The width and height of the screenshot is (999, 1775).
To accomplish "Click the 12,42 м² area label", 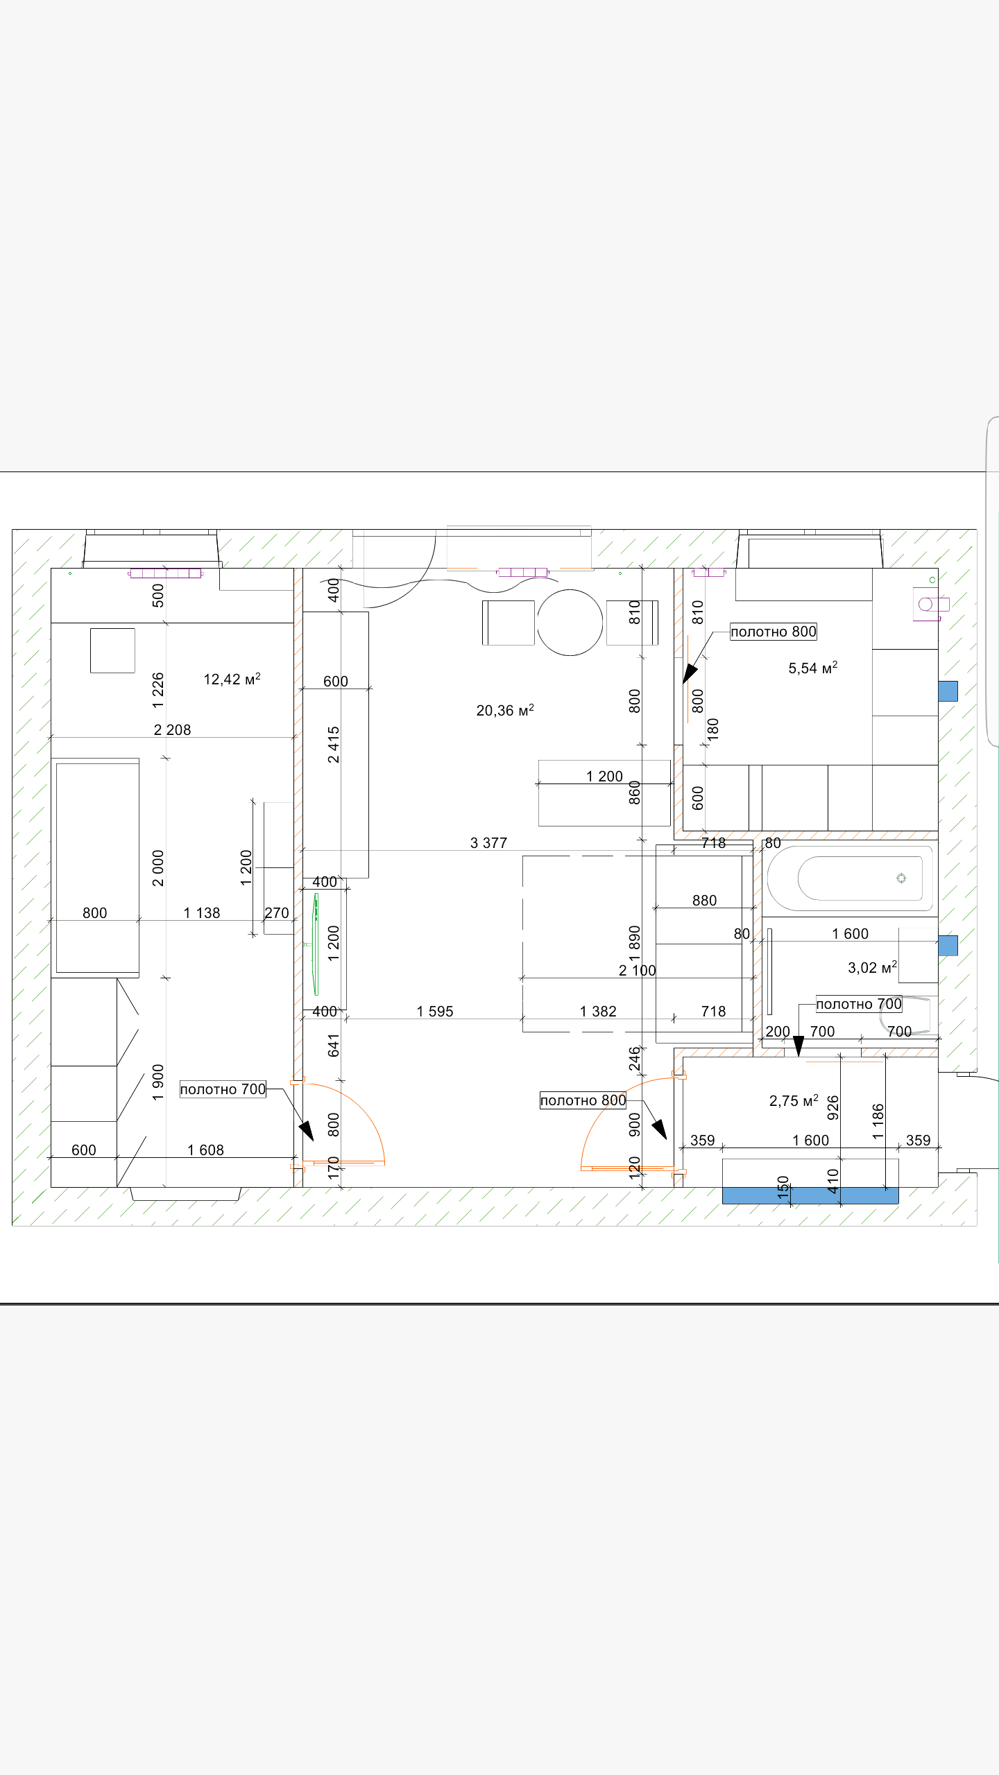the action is [x=232, y=679].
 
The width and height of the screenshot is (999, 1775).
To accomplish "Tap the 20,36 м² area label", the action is [x=505, y=710].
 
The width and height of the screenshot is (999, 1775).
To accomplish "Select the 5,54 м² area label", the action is [x=813, y=668].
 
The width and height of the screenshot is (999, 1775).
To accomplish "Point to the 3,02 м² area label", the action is [x=872, y=967].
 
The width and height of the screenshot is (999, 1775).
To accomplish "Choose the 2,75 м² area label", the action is [x=794, y=1100].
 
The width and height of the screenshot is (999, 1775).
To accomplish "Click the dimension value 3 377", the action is [x=488, y=842].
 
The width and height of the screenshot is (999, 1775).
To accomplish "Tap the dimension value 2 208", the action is [x=172, y=729].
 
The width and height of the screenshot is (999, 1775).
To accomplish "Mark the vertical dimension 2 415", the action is [x=334, y=744].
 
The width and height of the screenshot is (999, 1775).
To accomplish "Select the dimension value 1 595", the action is [x=435, y=1011].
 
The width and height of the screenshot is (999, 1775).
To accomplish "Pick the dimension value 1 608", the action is [x=205, y=1150].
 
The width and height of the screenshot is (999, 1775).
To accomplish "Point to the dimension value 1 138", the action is [x=202, y=912].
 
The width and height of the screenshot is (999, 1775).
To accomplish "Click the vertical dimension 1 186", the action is [x=878, y=1121].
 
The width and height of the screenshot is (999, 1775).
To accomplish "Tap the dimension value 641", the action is [x=334, y=1045].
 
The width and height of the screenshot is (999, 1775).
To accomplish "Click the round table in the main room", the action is [x=570, y=622].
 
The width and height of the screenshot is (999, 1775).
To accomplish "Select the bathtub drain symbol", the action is [x=901, y=878].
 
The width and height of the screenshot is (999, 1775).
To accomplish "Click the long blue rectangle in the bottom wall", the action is [x=810, y=1195].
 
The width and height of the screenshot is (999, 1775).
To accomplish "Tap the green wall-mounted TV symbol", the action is [x=316, y=944].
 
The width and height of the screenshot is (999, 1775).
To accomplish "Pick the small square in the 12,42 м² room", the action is [x=112, y=650].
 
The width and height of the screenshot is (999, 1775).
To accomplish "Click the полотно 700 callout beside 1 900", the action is [x=223, y=1089].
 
